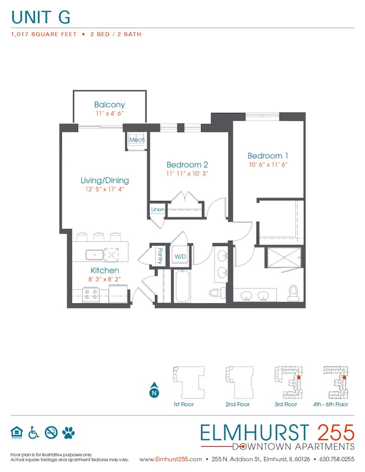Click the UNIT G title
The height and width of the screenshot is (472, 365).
40,17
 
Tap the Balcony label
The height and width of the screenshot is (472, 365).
109,105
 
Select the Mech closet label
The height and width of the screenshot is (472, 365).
136,140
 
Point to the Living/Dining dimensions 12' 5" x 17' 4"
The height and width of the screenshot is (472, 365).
104,190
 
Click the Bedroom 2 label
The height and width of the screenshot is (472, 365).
187,164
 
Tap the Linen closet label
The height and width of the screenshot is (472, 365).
157,209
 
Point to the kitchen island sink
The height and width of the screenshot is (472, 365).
94,255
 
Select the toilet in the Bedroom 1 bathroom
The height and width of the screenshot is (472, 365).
292,292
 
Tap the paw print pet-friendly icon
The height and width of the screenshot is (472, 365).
69,432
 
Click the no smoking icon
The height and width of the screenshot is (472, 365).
51,432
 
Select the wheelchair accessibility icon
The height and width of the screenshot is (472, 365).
34,432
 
